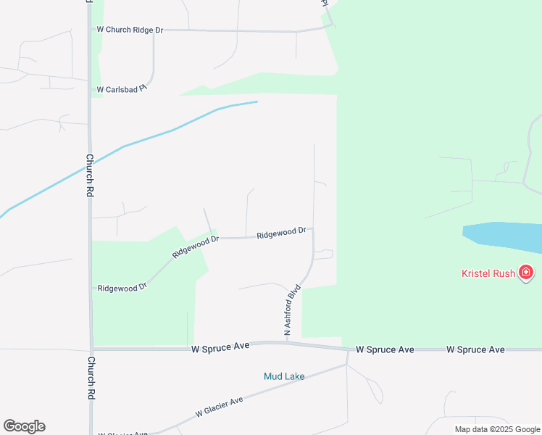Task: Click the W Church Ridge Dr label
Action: click(x=130, y=30)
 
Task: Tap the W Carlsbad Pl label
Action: click(x=122, y=90)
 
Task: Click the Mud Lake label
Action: click(x=283, y=376)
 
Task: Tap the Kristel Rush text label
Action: click(x=488, y=273)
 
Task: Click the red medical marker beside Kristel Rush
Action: click(x=526, y=273)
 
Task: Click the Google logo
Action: click(x=24, y=426)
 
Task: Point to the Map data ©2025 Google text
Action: click(x=497, y=429)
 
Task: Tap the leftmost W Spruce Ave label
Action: click(x=220, y=347)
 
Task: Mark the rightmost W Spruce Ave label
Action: click(x=475, y=349)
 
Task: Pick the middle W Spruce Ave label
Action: click(x=385, y=349)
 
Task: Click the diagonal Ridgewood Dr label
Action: click(x=195, y=246)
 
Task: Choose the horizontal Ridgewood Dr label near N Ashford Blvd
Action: click(x=281, y=233)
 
